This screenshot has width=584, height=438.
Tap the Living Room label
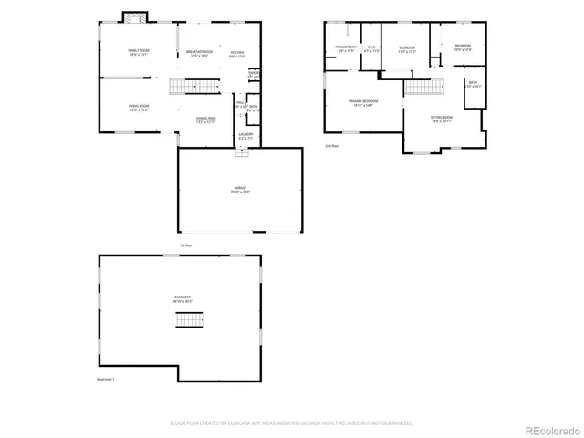(138, 109)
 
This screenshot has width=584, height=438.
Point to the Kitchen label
(237, 54)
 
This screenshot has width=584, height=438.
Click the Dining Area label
(205, 119)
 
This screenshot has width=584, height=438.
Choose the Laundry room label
(245, 136)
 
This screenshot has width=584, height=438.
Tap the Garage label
(240, 190)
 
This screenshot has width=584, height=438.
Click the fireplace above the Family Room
(135, 18)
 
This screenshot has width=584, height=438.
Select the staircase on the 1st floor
(193, 88)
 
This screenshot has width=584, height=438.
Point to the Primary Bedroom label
(362, 103)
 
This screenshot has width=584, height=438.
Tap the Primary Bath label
(346, 48)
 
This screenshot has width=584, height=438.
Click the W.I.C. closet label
(370, 48)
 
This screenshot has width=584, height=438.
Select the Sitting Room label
(442, 119)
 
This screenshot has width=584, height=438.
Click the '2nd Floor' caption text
(331, 146)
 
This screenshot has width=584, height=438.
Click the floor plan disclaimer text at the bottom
(292, 423)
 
